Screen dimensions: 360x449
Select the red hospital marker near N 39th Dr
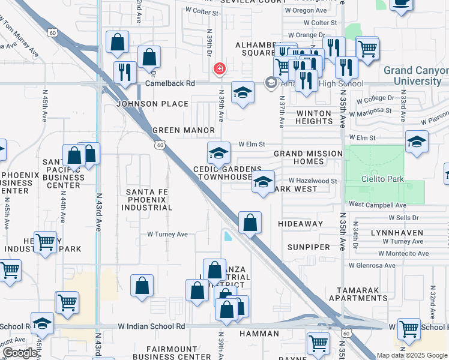point(220,68)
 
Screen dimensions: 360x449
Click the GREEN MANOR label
point(184,130)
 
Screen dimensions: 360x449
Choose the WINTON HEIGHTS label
point(313,118)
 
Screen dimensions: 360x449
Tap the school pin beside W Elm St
point(219,154)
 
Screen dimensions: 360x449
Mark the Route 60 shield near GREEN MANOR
point(159,145)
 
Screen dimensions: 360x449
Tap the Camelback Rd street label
point(170,83)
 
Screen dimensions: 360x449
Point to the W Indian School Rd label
point(151,326)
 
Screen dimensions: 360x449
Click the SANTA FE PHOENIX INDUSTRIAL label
point(149,200)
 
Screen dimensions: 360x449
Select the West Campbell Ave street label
point(377,205)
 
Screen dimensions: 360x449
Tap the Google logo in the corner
point(19,353)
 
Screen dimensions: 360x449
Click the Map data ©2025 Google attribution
point(411,355)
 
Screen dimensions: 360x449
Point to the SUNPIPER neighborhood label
point(309,247)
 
